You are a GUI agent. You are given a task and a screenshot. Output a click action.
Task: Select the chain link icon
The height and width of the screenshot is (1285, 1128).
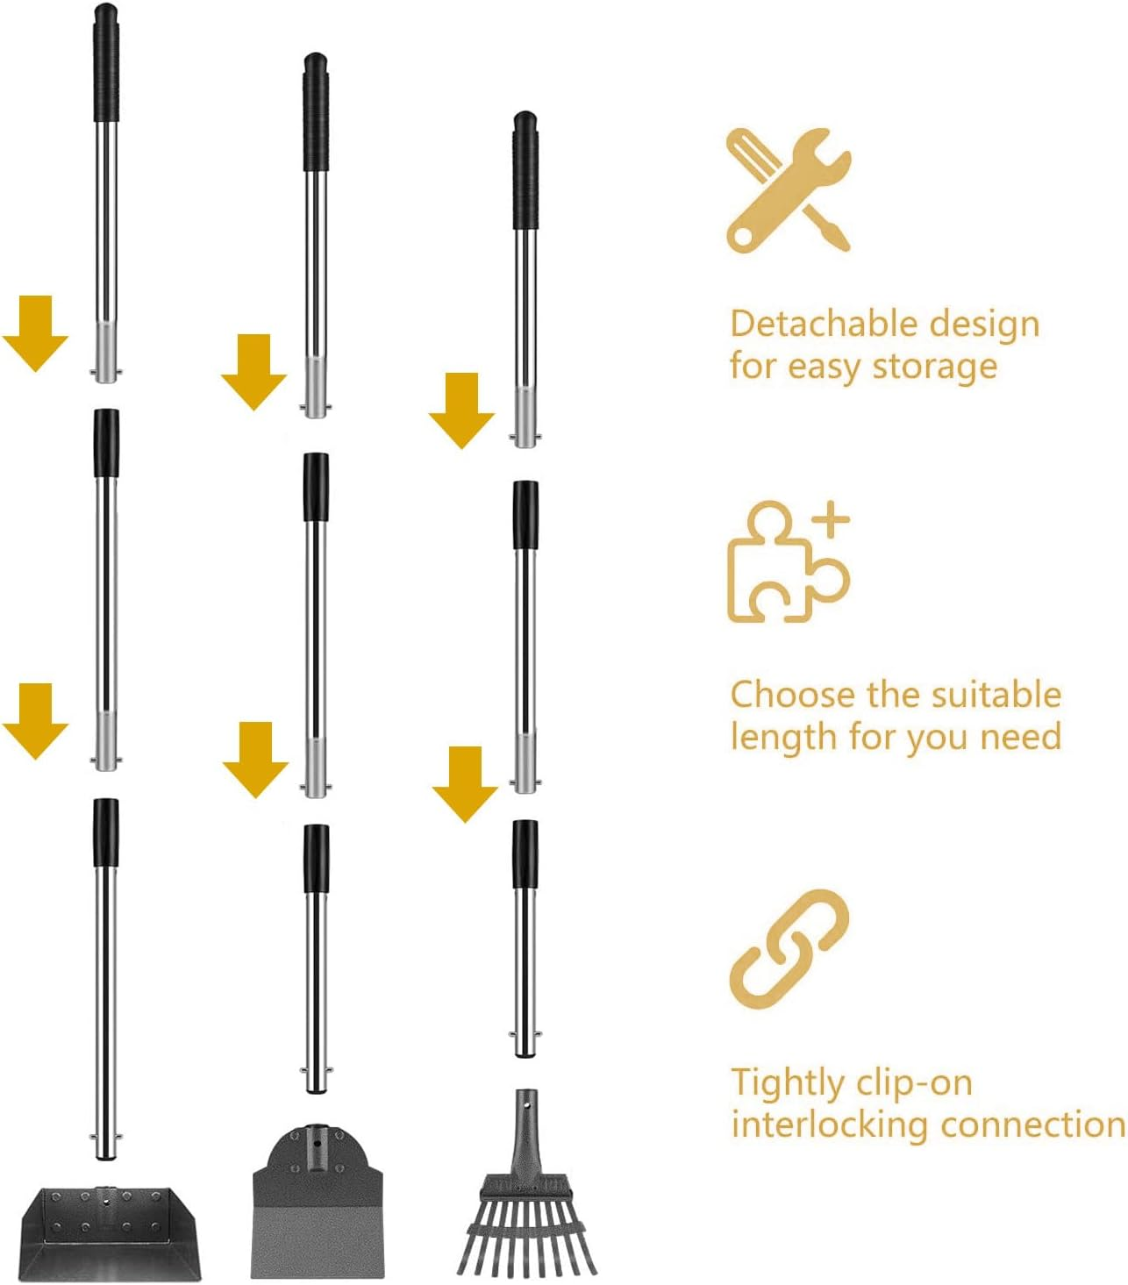[x=789, y=949]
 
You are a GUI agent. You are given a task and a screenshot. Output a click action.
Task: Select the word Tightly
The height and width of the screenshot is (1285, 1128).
[x=783, y=1084]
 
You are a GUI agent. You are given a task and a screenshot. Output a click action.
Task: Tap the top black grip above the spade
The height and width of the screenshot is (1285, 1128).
[x=317, y=111]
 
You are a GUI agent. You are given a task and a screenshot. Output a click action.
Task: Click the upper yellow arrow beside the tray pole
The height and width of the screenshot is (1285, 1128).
[x=35, y=333]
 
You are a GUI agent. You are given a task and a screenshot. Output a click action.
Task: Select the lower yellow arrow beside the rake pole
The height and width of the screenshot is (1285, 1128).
[x=465, y=783]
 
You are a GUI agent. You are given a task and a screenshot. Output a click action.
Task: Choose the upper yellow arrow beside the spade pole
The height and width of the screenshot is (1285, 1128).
[x=253, y=371]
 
